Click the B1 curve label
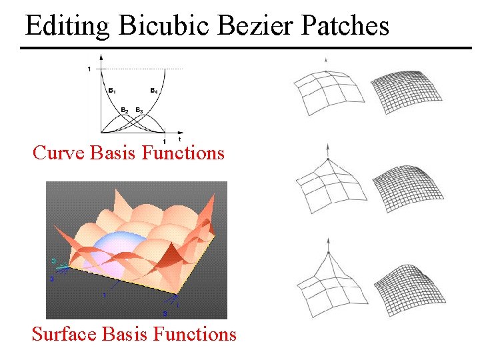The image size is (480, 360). (x=111, y=90)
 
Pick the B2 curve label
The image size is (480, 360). (x=125, y=109)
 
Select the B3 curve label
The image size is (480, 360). (x=139, y=109)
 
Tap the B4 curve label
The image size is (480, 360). (x=153, y=90)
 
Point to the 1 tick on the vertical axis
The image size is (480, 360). (x=89, y=69)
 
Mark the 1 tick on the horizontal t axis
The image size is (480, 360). (x=164, y=140)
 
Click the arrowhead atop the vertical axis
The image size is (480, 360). (x=100, y=56)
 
